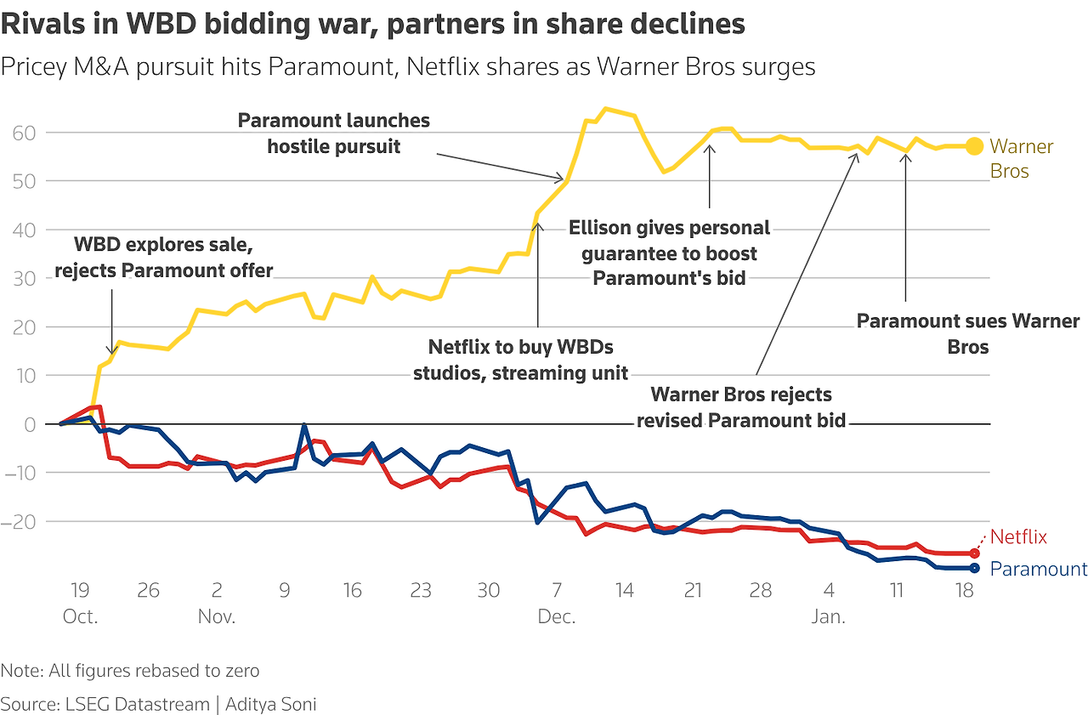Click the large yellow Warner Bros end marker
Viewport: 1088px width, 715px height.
(x=974, y=146)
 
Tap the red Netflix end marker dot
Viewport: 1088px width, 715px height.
(x=974, y=553)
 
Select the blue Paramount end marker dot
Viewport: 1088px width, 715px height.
(x=974, y=568)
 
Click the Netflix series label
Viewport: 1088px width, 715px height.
(x=1018, y=537)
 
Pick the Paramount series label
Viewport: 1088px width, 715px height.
(x=1039, y=569)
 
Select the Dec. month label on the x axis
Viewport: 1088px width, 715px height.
(x=557, y=616)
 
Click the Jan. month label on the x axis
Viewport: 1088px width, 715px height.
(x=829, y=616)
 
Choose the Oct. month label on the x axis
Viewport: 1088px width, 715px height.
(x=80, y=616)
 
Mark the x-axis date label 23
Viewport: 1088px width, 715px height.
(x=421, y=591)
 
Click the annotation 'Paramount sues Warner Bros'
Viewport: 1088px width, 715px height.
(x=967, y=334)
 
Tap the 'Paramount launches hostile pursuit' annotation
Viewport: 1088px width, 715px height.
(x=334, y=133)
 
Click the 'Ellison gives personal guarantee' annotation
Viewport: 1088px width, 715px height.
(x=669, y=253)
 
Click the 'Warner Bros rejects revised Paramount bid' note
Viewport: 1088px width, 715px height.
(x=741, y=407)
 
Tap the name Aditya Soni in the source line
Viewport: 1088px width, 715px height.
(x=270, y=704)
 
